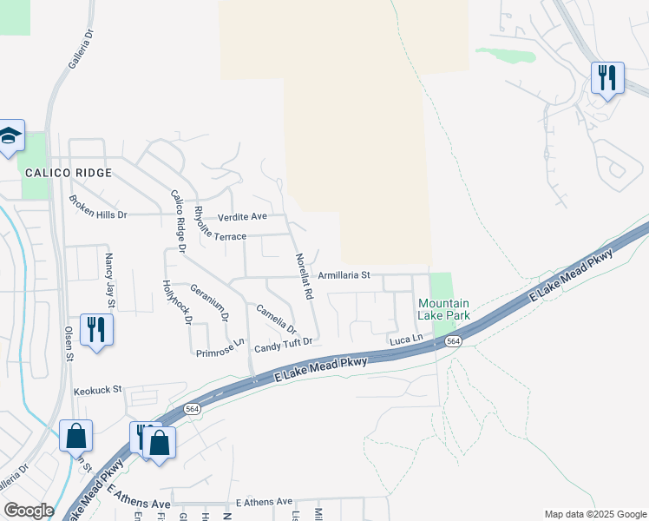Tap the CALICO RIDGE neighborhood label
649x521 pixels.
tap(69, 173)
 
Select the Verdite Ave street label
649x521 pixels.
tap(242, 216)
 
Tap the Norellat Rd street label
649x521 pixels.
tap(303, 277)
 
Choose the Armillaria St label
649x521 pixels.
tap(344, 274)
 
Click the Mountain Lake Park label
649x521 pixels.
tap(444, 310)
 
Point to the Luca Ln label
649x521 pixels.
tap(405, 336)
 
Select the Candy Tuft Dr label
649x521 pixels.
tap(283, 348)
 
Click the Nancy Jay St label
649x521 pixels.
tap(109, 280)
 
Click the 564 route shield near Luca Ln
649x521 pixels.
tap(454, 342)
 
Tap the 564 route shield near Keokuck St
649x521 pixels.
tap(191, 408)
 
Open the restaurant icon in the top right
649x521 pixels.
tap(607, 78)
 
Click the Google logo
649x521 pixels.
tap(28, 511)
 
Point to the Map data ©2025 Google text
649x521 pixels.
tap(594, 514)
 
